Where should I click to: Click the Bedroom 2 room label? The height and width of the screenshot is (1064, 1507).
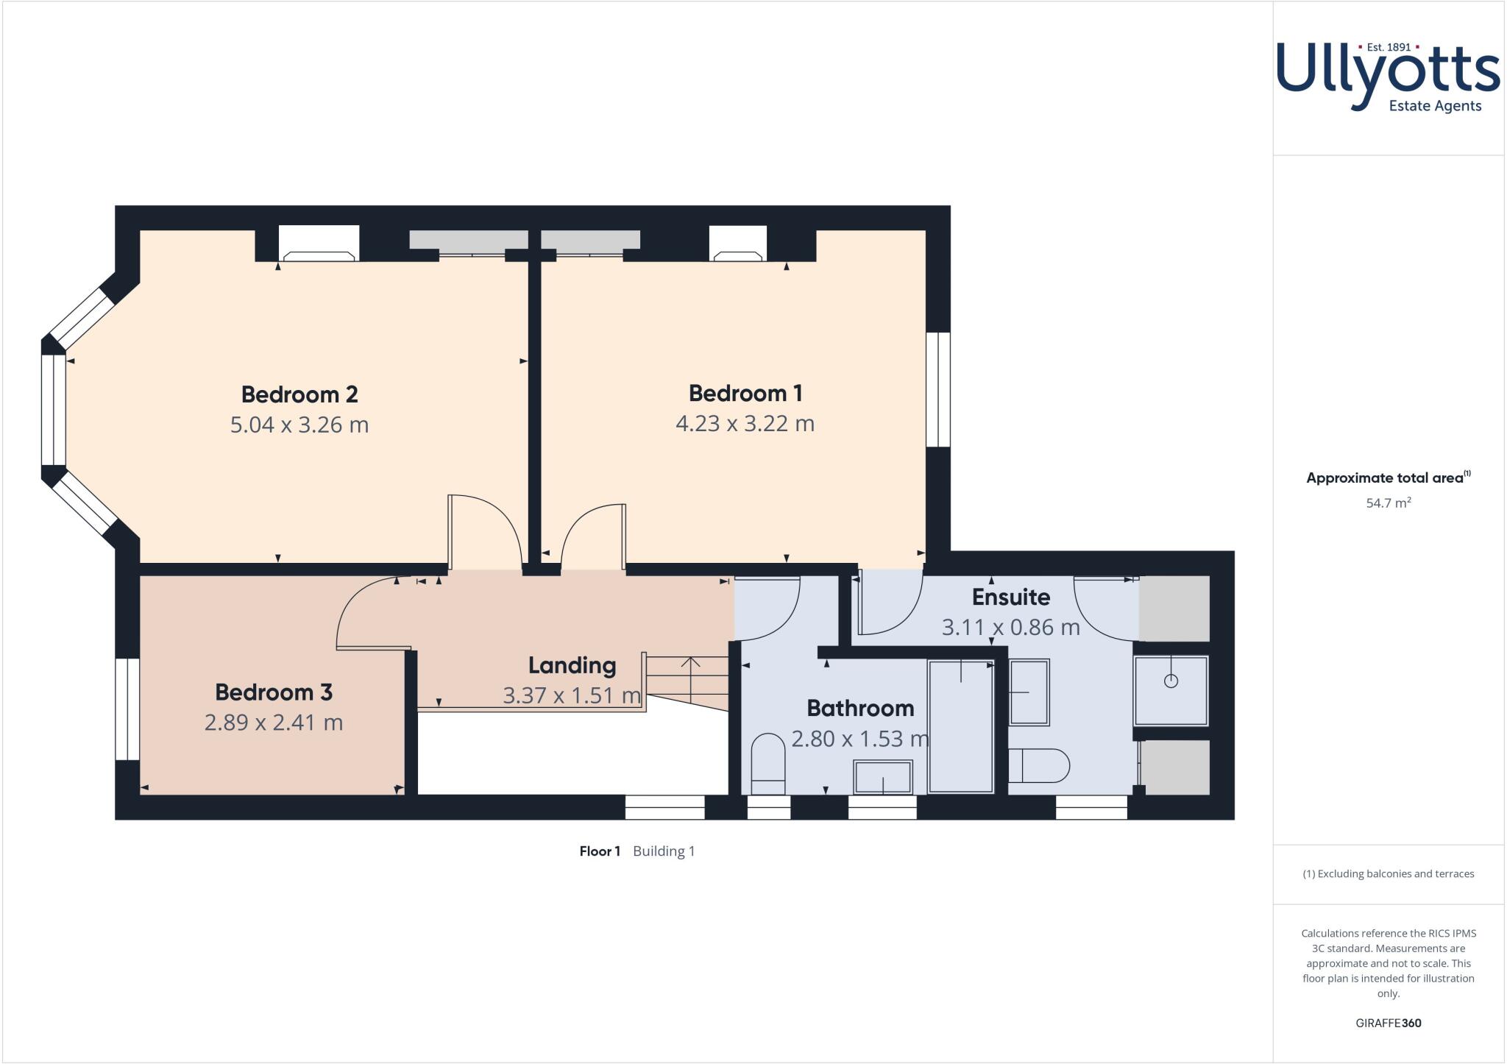point(299,394)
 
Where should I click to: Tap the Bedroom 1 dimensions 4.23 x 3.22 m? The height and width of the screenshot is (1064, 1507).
point(745,424)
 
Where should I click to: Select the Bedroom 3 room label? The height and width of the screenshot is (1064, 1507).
point(274,692)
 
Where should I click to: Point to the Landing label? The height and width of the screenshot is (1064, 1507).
point(572,665)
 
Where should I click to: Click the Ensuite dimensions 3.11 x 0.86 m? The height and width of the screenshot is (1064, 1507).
point(1010,627)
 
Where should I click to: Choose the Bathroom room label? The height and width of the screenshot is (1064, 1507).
point(860,708)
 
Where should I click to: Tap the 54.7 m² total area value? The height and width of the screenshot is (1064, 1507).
point(1388,503)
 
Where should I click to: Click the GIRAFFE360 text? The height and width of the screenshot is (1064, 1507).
point(1388,1023)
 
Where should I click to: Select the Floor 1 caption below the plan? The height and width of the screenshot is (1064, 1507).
point(600,851)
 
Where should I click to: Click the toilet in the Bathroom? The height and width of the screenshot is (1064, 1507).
point(768,763)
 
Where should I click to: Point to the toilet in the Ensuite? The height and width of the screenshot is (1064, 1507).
point(1039,765)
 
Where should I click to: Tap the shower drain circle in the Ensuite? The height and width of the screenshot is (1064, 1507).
point(1171,681)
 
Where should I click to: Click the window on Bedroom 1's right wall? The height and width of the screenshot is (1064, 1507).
point(937,389)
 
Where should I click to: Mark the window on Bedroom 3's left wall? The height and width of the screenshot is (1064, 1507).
point(127,709)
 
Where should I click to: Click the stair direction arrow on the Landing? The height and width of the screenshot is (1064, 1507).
point(690,677)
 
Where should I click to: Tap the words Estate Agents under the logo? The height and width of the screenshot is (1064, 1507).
point(1434,106)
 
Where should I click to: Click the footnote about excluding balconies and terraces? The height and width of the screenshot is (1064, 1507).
point(1388,874)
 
